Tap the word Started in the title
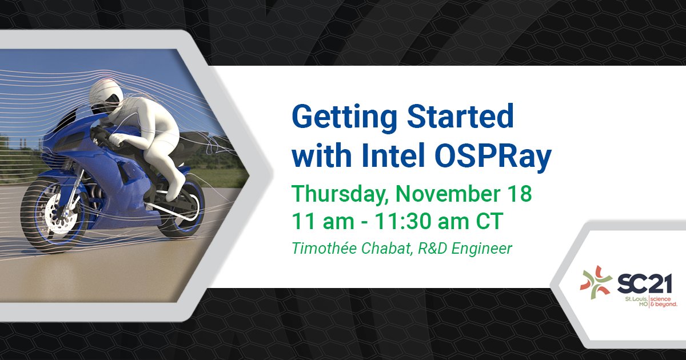(461, 117)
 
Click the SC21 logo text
(644, 283)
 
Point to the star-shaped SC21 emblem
(596, 282)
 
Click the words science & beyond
(664, 302)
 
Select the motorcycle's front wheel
(55, 211)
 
